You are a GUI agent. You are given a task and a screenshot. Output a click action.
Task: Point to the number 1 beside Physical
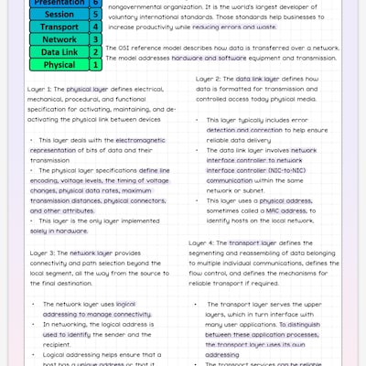click(x=97, y=65)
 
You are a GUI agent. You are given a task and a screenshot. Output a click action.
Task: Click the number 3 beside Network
click(x=97, y=40)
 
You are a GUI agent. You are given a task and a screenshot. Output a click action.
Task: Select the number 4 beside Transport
click(x=97, y=27)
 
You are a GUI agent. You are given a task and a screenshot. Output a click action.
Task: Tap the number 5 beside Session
click(x=97, y=15)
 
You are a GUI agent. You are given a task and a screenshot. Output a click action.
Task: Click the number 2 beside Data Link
click(x=97, y=52)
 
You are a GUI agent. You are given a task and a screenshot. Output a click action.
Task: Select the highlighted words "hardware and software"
click(x=210, y=57)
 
